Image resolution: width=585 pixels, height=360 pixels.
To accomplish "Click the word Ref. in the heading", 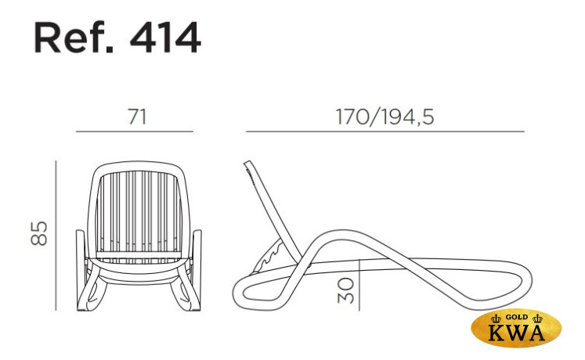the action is coord(73,38).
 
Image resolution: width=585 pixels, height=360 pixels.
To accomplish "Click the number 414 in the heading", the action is coord(165,38).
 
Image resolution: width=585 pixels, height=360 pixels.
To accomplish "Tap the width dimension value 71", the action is coord(137,117).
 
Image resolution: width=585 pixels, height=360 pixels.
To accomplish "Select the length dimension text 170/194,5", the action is coord(385,117).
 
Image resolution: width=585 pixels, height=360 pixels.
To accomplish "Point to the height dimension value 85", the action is coord(39,233).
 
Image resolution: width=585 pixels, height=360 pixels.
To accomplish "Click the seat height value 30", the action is coord(345,290).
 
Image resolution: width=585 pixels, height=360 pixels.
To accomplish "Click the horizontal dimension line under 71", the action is coord(135,131).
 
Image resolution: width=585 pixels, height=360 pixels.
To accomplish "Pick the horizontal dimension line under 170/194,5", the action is coord(385,131).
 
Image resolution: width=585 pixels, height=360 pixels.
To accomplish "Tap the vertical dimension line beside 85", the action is coord(56,236).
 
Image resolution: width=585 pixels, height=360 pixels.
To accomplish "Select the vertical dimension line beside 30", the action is coord(359,285).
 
